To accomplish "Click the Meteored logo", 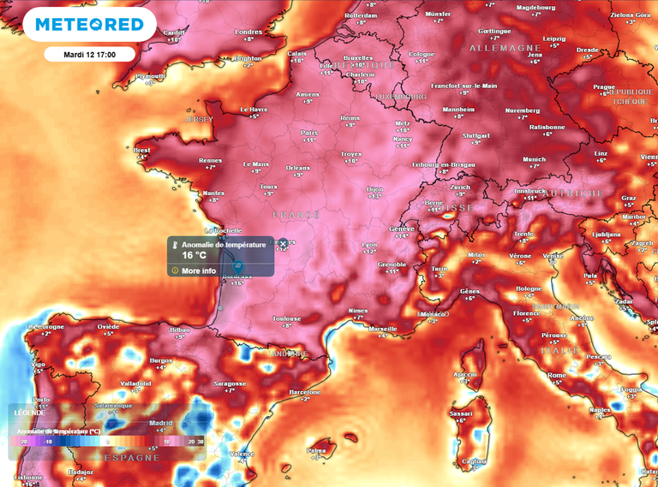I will (x=89, y=25).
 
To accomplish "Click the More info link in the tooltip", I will (x=198, y=270).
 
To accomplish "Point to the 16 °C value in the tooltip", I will (x=194, y=255).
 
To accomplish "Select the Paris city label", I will (x=309, y=133).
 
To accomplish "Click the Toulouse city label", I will (x=287, y=318).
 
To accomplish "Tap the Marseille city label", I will (x=382, y=329).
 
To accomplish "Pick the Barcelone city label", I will (x=305, y=391).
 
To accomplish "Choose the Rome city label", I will (x=557, y=375).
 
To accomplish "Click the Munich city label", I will (x=534, y=159).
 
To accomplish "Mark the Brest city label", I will (x=142, y=150).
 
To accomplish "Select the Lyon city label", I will (x=369, y=245).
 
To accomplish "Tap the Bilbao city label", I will (x=180, y=330).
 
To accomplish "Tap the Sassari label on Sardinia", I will (x=461, y=413).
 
